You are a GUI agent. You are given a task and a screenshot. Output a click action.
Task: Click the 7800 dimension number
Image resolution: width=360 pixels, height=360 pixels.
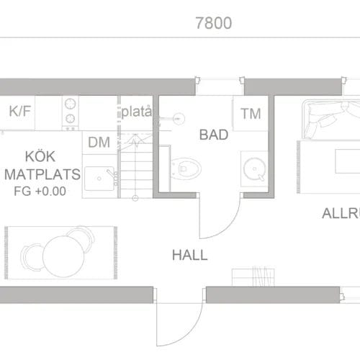[x=213, y=23]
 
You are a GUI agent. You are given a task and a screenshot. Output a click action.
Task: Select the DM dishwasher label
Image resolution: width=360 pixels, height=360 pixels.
[x=99, y=142]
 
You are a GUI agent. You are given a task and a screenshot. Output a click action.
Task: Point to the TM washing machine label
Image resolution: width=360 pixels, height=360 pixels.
[x=251, y=113]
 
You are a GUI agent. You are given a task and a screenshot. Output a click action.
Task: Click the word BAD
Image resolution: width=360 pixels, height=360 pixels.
[x=213, y=135]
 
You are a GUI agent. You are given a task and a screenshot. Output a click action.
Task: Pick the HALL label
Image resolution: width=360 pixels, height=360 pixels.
[x=189, y=255]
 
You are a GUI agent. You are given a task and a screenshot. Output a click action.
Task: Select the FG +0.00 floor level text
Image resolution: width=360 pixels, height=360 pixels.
[x=39, y=192]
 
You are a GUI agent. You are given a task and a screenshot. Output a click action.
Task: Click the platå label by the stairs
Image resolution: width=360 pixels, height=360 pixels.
[x=136, y=112]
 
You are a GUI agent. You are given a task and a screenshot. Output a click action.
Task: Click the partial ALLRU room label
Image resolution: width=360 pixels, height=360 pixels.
[x=340, y=214]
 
